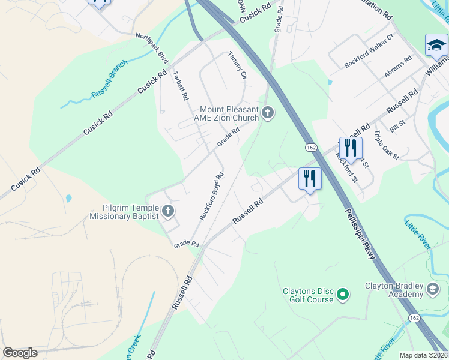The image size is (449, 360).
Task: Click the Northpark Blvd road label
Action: point(152,47)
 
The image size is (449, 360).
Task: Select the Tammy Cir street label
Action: point(237,65)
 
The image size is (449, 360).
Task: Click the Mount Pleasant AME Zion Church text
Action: point(229,114)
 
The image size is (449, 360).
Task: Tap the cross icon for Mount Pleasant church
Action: point(267,112)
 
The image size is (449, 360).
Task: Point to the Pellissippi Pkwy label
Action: point(360,233)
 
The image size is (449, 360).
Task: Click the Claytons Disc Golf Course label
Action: point(308,295)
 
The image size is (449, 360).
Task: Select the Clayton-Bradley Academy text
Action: point(394,290)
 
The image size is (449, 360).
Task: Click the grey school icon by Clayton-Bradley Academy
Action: point(432,290)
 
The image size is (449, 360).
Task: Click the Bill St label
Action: point(397,127)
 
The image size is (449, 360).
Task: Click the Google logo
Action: point(20,353)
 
